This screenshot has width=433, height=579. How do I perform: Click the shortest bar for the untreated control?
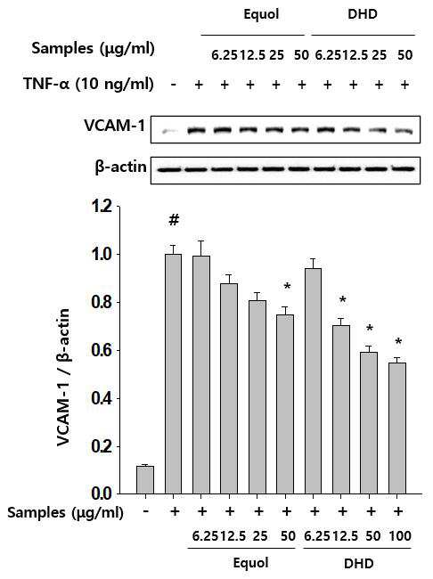coord(145,479)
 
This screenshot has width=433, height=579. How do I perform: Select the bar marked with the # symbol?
coord(173,374)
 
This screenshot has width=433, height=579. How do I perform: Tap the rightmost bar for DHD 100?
coord(397,428)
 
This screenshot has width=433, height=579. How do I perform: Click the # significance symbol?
coord(174,220)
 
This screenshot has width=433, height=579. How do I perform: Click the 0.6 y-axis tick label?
coord(102,350)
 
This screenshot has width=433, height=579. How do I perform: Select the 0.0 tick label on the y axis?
coord(102,493)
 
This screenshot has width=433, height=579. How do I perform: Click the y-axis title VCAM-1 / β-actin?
coord(63,378)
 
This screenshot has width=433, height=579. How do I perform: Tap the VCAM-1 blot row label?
coord(115,126)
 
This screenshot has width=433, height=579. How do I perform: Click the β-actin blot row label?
coord(121,167)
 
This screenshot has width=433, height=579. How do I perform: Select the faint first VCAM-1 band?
coord(170,131)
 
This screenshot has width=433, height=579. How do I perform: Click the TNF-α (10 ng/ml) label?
coord(88,85)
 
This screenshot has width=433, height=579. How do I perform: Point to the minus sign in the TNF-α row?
coord(173,85)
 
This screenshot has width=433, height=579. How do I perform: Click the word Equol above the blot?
coord(261,15)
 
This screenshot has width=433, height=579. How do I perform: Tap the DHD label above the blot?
coord(363,14)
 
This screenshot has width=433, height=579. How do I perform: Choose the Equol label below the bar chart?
coord(250,563)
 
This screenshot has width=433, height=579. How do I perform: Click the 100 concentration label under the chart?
coord(400,535)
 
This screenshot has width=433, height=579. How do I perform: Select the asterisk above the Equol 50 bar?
coord(288,287)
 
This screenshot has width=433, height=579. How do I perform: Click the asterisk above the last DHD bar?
coord(398,341)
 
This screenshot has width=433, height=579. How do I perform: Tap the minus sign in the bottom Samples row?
coord(146,511)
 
